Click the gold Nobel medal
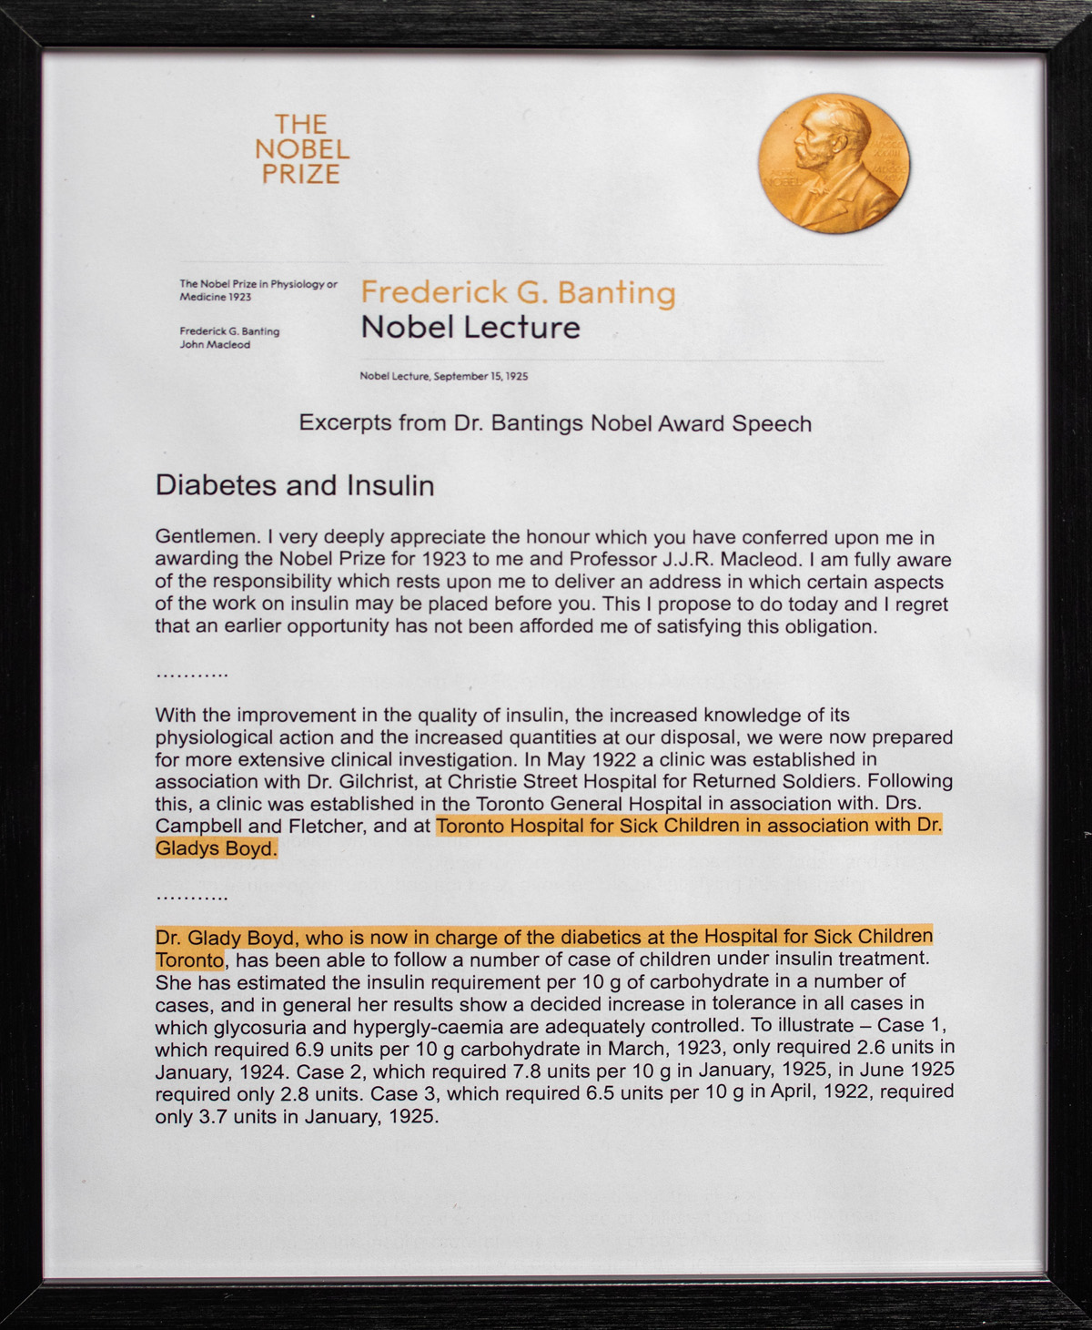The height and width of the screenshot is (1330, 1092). [x=834, y=163]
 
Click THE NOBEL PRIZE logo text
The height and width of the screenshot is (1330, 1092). [x=301, y=149]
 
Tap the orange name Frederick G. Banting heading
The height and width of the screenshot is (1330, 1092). [x=518, y=292]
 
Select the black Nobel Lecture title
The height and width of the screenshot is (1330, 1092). [x=470, y=327]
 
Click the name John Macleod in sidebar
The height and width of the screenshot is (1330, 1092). [x=215, y=345]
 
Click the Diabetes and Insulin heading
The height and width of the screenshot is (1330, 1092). [x=294, y=485]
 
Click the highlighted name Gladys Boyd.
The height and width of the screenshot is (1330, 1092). [x=215, y=848]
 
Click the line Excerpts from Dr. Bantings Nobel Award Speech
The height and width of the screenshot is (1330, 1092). [x=555, y=424]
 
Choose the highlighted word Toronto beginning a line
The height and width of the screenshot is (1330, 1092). [x=189, y=960]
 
